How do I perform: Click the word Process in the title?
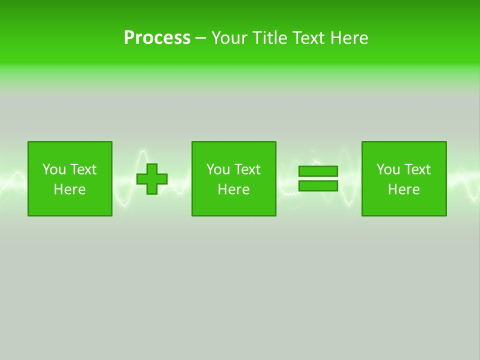coord(157,37)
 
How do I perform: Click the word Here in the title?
coord(349,37)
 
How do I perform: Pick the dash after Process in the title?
coord(201,38)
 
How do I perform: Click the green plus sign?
coord(152,179)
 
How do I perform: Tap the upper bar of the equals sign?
coord(318,171)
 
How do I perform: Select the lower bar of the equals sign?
coord(318,185)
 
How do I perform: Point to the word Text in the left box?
coord(83,169)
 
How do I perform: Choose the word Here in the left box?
coord(69,189)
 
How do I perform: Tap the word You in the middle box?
coord(218,169)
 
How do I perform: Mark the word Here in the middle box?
coord(233,189)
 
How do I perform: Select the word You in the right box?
coord(388,169)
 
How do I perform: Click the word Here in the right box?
coord(403,189)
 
